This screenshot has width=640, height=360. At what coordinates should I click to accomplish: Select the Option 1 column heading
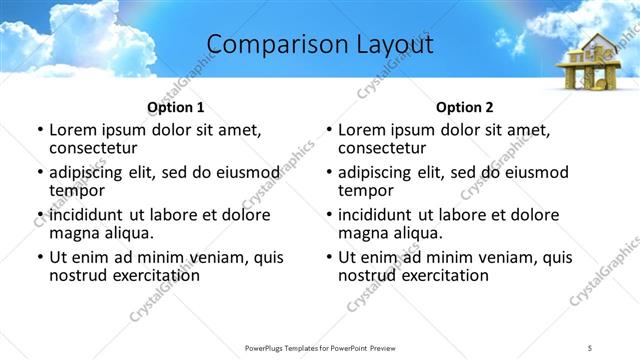(x=176, y=107)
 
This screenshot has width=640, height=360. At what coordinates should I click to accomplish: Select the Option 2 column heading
(x=465, y=107)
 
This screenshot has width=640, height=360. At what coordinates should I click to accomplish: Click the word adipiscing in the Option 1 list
(x=91, y=172)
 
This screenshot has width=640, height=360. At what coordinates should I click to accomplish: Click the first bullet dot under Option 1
(x=39, y=130)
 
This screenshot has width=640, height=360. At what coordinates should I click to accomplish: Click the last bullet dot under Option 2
(x=328, y=257)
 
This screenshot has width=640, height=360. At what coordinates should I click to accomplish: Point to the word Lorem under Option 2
(x=362, y=130)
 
